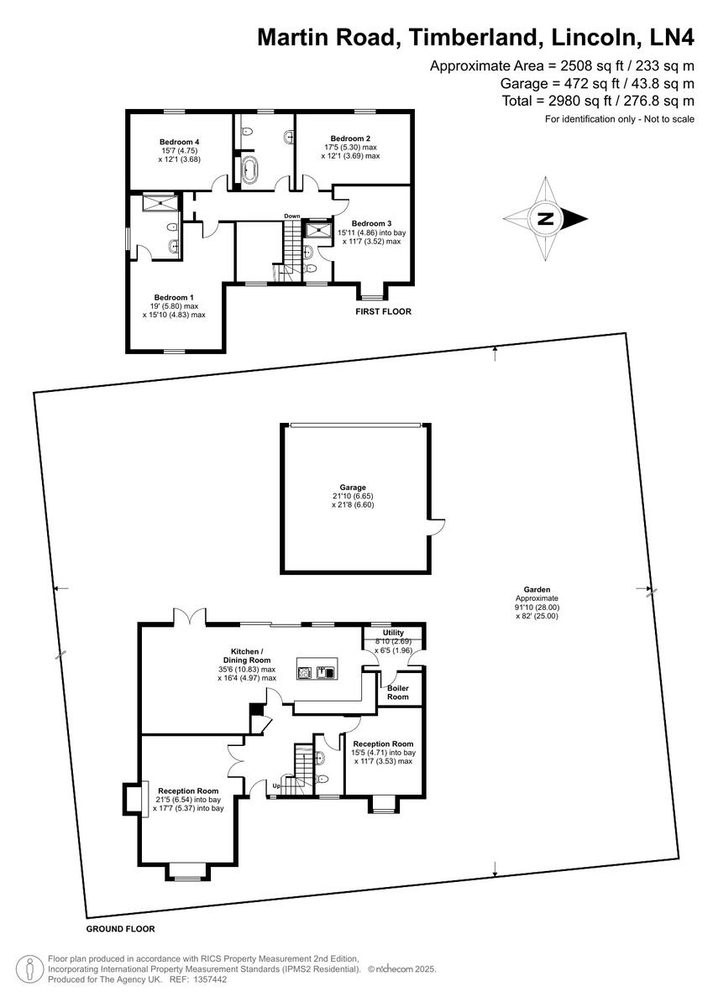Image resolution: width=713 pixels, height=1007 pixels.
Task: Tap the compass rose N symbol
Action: (546, 220)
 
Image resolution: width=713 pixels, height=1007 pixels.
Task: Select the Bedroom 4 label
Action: (179, 141)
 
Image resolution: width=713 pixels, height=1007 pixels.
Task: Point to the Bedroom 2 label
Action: (350, 138)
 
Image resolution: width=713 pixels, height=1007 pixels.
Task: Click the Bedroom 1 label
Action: (174, 297)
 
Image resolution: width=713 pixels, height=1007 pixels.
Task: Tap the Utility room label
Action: (393, 633)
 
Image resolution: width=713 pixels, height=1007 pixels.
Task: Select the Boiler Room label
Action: (398, 692)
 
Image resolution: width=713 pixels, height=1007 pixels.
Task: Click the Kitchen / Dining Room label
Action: (248, 655)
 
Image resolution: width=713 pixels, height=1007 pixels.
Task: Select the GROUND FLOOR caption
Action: (120, 929)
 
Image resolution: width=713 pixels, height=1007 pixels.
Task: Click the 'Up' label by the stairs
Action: (275, 785)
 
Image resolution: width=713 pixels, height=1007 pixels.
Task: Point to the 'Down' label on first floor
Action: (291, 217)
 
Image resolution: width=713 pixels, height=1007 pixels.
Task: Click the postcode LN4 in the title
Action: (668, 38)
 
